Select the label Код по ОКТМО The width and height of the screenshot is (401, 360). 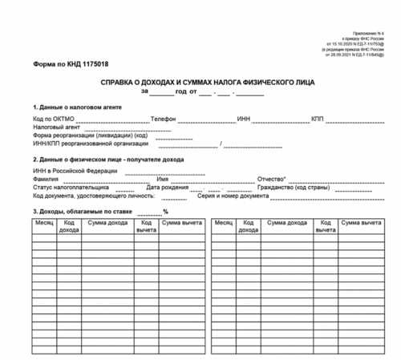pos(53,119)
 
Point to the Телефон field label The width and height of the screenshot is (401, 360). pos(164,119)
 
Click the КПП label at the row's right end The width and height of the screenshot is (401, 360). pos(318,119)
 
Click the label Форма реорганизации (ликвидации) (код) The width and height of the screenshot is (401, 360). pos(90,136)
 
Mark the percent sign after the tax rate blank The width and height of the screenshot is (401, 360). pos(164,212)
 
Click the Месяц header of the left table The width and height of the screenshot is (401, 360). pos(44,222)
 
